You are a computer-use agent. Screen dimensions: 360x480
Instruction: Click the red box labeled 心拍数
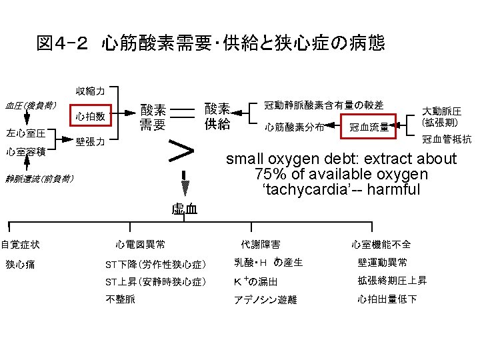point(89,116)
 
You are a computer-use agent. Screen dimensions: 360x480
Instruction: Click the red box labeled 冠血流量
point(369,126)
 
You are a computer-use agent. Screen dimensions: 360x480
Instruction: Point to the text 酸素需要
point(153,116)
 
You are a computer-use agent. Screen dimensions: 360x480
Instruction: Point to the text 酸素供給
point(217,116)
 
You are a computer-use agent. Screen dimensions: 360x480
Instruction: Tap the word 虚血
point(184,209)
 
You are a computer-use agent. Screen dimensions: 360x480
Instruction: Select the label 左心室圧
point(25,133)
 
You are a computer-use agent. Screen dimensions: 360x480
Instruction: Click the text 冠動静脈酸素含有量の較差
point(323,105)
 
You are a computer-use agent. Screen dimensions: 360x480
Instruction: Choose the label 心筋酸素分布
point(293,127)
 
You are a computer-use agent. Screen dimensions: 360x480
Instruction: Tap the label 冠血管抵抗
point(446,139)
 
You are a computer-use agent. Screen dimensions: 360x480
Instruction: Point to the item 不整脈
point(121,299)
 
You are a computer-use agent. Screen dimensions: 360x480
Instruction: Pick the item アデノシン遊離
point(265,300)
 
